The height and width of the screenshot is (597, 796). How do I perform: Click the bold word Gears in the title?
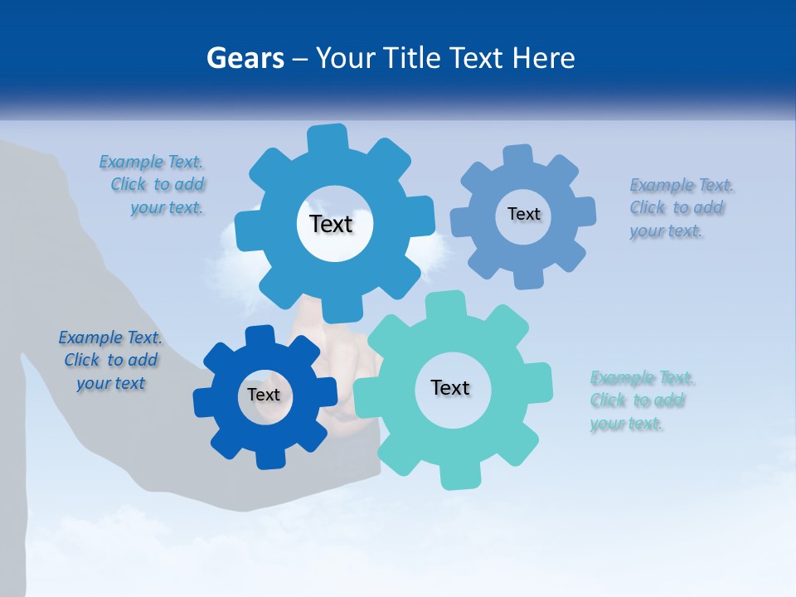pyautogui.click(x=245, y=58)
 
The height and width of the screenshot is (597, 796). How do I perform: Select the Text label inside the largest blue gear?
pyautogui.click(x=332, y=224)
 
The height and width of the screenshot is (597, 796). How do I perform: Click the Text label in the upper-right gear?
pyautogui.click(x=523, y=214)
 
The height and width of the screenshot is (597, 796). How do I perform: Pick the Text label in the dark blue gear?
pyautogui.click(x=264, y=395)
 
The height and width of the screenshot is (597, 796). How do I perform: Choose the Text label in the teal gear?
pyautogui.click(x=450, y=387)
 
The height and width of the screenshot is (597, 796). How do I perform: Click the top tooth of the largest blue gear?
pyautogui.click(x=328, y=138)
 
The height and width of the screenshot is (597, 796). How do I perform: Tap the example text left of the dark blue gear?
pyautogui.click(x=110, y=361)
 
